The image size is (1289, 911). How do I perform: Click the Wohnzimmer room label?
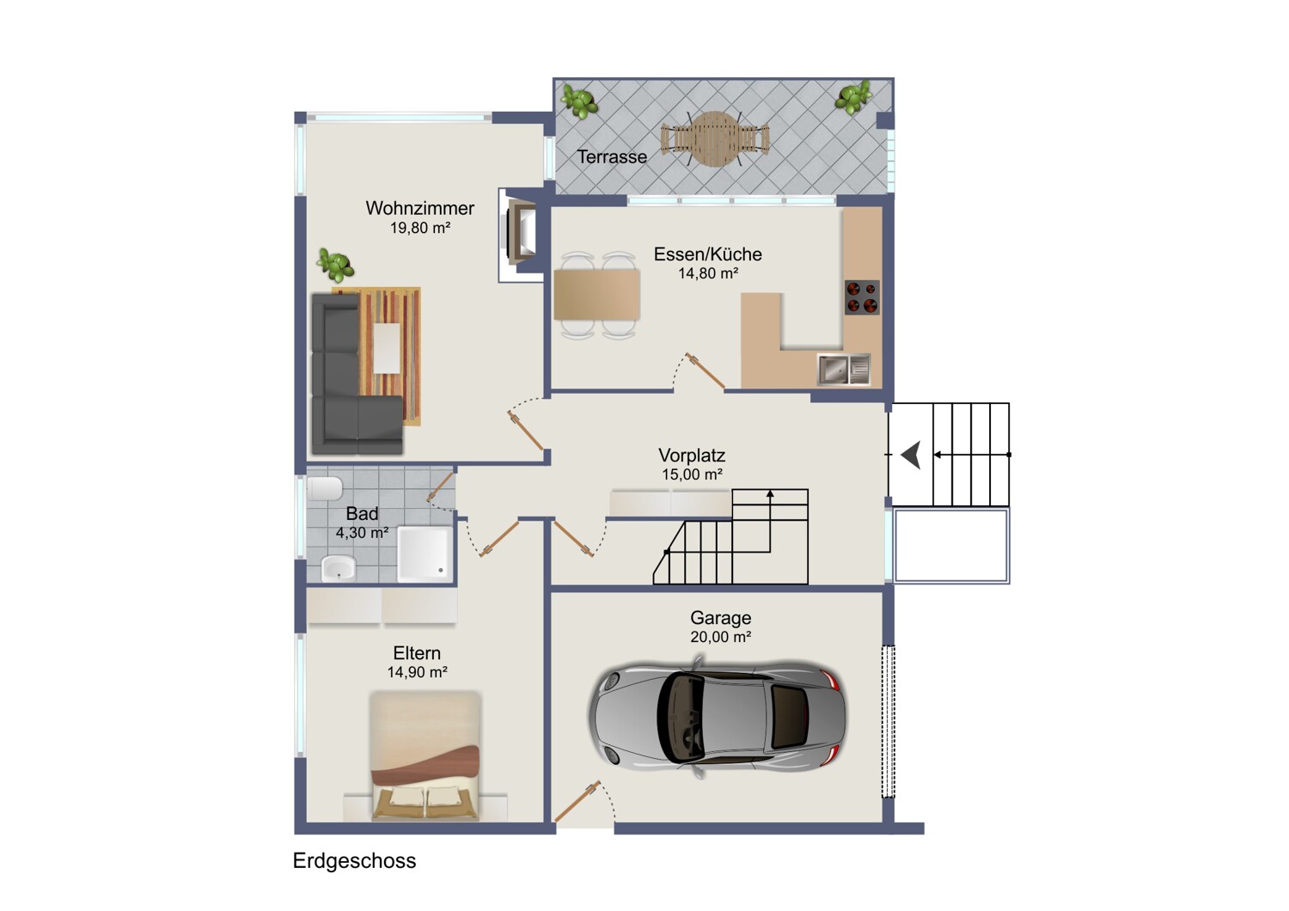click(x=420, y=208)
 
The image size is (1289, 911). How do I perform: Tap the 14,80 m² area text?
click(x=708, y=273)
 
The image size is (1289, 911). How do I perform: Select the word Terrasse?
click(x=612, y=156)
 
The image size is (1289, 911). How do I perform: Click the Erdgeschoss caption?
click(x=354, y=861)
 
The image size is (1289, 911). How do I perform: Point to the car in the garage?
click(x=718, y=717)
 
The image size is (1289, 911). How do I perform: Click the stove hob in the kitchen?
click(x=862, y=297)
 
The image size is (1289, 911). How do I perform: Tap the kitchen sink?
click(x=844, y=370)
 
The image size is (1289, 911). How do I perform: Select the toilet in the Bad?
click(x=325, y=489)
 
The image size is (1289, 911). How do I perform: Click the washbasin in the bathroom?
click(x=338, y=568)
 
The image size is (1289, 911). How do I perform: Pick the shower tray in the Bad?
click(x=425, y=554)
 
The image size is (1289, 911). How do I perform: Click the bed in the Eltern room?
click(x=425, y=755)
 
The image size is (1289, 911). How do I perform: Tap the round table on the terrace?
click(x=714, y=138)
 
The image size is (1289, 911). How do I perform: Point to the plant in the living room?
click(x=335, y=265)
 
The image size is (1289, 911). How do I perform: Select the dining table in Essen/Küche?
click(x=596, y=295)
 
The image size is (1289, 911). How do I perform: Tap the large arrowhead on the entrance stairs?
click(x=911, y=455)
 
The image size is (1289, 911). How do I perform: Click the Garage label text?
click(x=720, y=617)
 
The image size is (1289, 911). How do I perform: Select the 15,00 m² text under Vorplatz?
click(x=692, y=474)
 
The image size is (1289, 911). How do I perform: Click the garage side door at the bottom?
click(x=577, y=800)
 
